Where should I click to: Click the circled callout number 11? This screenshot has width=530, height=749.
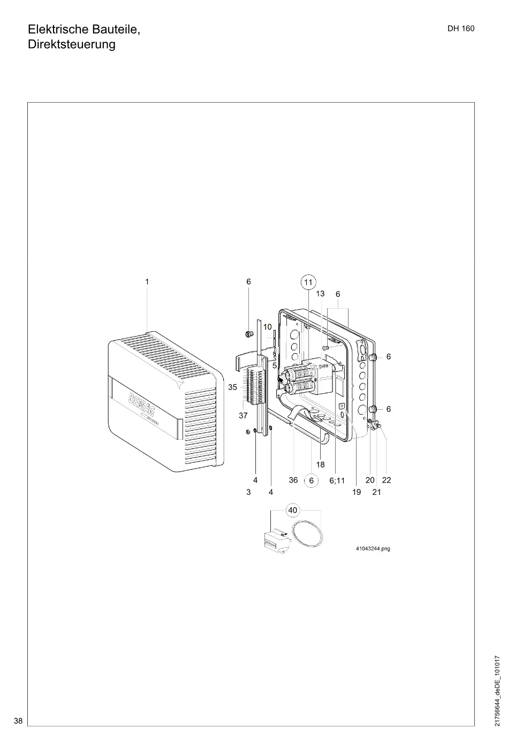[x=308, y=282]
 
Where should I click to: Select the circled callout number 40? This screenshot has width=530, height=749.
[x=292, y=510]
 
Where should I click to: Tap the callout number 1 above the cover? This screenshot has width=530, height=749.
[x=147, y=282]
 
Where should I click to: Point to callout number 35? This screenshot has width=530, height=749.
[x=232, y=387]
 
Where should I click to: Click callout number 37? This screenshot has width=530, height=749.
[x=243, y=416]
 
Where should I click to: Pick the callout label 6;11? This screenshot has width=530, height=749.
[x=337, y=480]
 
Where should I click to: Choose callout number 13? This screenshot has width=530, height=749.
[x=320, y=294]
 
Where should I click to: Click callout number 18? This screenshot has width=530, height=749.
[x=321, y=464]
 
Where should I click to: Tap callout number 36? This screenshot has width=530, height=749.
[x=293, y=480]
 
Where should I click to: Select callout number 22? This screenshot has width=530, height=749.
[x=387, y=480]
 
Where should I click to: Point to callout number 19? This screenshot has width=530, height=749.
[x=357, y=492]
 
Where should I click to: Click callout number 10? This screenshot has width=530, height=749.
[x=267, y=327]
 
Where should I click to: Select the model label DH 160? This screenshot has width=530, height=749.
[x=461, y=29]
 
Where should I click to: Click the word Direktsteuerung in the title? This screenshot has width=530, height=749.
[x=72, y=44]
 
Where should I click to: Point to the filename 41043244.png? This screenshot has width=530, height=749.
[x=373, y=549]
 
